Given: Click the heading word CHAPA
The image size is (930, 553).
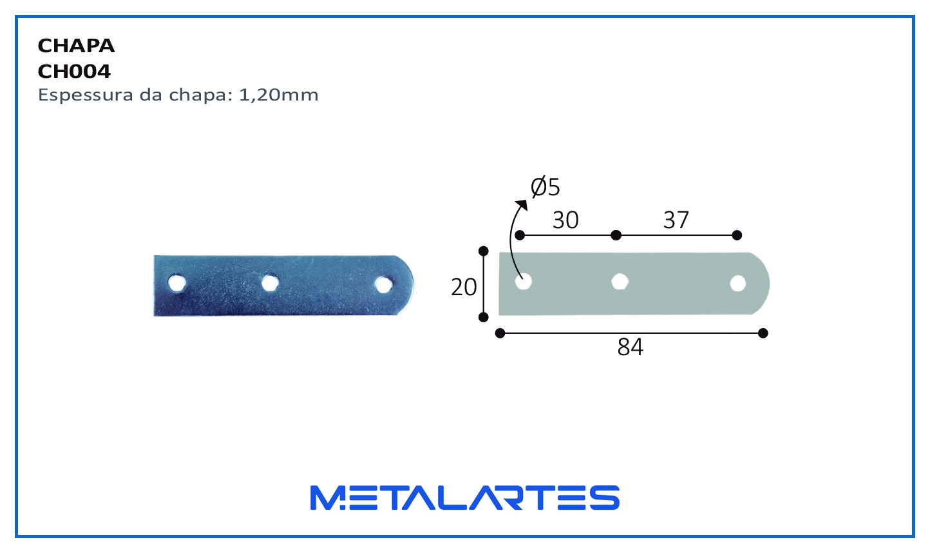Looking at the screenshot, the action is (76, 46).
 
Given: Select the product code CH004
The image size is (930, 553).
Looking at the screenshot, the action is (74, 72).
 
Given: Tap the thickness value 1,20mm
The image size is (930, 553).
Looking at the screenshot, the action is (279, 95).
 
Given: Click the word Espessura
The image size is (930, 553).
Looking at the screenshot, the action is (86, 95).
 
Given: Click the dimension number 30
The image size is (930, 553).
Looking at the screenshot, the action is (565, 220).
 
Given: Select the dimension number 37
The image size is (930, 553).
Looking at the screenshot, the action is (676, 220).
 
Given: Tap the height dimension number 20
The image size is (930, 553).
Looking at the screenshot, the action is (464, 287).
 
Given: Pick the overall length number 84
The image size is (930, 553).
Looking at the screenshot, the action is (631, 347).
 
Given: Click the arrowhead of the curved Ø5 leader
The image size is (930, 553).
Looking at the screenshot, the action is (522, 204).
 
